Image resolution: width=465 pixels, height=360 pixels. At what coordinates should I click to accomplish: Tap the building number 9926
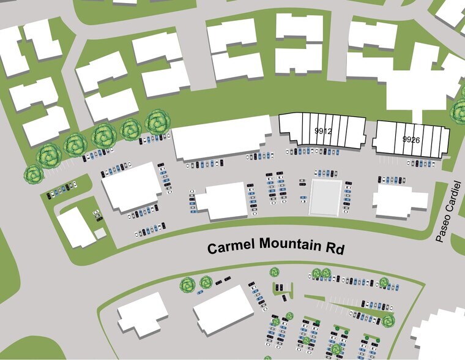411,140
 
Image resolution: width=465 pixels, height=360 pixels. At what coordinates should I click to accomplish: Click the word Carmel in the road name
231,249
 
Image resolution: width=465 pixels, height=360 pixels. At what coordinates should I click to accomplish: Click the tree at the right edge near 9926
459,111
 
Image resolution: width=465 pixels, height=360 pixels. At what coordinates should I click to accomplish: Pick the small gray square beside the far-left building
100,234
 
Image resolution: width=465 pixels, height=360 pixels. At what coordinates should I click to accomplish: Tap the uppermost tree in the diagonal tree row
158,121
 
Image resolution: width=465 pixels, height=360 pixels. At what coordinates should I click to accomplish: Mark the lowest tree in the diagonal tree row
32,173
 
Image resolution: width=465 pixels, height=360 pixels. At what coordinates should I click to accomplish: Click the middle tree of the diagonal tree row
102,135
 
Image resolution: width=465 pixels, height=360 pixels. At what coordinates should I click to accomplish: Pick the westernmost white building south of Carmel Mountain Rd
143,314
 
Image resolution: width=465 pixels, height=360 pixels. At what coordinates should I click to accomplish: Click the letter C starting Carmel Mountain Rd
212,249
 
